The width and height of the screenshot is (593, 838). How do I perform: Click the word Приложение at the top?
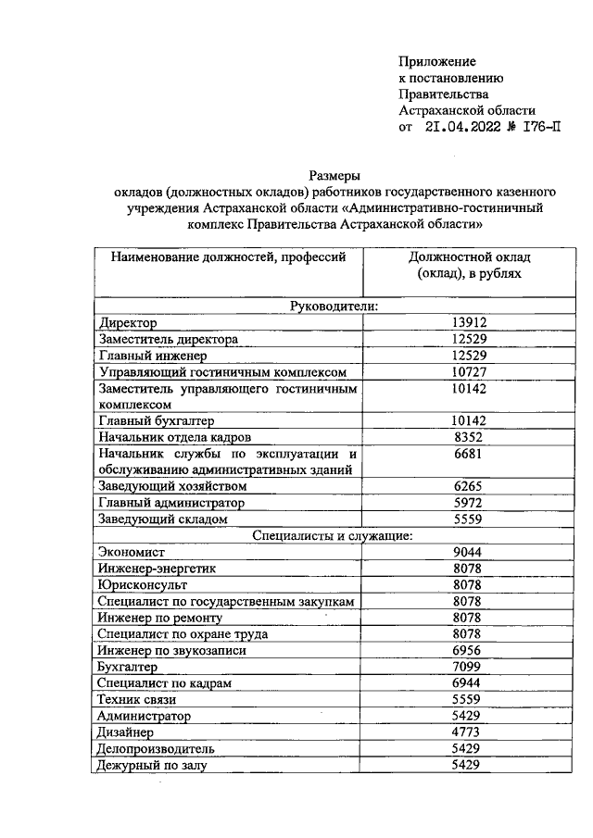point(436,61)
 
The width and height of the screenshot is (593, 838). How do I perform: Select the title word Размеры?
point(334,175)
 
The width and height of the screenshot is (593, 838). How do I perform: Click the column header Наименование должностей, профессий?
point(228,256)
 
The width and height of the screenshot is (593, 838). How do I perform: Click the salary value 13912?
point(469,322)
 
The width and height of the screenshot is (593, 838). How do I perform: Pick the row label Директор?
point(127,323)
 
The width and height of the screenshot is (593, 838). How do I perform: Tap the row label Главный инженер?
point(152,356)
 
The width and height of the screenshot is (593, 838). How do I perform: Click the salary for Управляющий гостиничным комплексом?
point(469,371)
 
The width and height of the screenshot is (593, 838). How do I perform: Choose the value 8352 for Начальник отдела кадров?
point(469,436)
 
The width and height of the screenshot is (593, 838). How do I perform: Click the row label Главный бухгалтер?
point(156,420)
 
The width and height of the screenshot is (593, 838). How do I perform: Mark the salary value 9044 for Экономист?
point(469,551)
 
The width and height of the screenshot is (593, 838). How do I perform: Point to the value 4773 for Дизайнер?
point(469,732)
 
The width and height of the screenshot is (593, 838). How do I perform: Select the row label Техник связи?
point(136,699)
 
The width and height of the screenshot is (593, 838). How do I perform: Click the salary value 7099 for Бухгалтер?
point(469,667)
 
